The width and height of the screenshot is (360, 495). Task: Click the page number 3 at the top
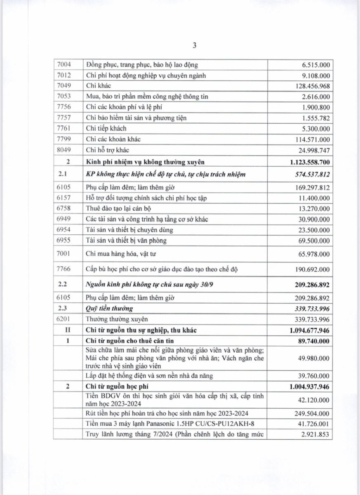click(x=194, y=46)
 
